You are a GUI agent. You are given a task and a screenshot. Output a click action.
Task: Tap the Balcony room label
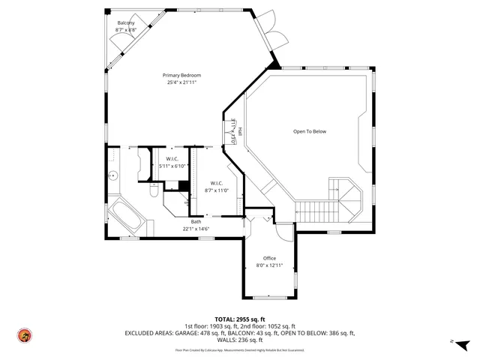(125, 24)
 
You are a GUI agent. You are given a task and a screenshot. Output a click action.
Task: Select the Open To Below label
(309, 131)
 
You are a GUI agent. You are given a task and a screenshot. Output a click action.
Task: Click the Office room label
(269, 258)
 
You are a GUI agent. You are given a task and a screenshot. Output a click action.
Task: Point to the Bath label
(196, 221)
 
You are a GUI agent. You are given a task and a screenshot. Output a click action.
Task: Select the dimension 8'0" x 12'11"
(269, 265)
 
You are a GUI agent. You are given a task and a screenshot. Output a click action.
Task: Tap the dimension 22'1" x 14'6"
(196, 229)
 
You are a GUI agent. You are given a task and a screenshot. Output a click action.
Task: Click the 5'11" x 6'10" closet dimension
(172, 166)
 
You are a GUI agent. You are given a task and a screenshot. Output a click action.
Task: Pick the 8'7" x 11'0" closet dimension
(216, 190)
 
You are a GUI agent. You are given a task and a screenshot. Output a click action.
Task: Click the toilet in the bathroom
(152, 192)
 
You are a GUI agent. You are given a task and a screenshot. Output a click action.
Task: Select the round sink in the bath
(112, 176)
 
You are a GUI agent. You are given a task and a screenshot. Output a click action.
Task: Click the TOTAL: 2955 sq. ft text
(239, 319)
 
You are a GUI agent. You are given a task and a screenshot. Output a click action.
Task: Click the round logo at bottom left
(24, 335)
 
